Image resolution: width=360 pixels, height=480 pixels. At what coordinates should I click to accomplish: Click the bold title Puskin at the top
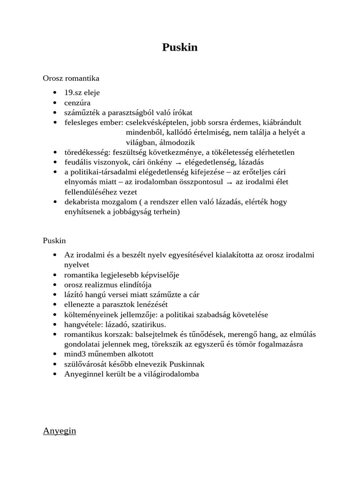[180, 47]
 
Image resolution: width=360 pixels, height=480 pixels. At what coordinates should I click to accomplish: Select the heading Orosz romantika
[71, 78]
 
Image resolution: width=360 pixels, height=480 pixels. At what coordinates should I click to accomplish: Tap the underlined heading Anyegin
[59, 431]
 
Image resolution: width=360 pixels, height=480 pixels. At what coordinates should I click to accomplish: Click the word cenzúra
[78, 103]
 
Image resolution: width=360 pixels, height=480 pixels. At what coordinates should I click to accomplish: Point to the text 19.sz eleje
[82, 93]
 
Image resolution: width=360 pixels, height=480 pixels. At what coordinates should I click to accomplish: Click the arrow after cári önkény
[178, 163]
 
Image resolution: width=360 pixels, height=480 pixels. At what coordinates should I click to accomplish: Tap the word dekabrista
[82, 202]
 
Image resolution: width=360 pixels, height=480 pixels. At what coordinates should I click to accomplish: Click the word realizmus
[99, 285]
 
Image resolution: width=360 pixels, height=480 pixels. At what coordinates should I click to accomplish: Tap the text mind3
[75, 354]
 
